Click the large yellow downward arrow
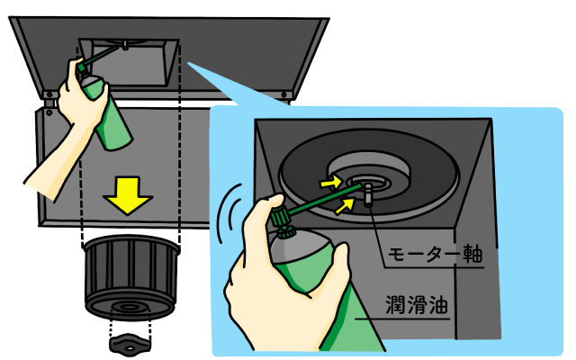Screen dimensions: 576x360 click(128, 194)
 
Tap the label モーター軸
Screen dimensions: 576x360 click(436, 254)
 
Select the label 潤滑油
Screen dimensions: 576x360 click(417, 304)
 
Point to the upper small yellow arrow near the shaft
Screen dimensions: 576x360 click(331, 182)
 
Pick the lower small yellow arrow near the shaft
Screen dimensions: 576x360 click(345, 205)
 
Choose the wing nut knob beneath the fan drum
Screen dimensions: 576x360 click(130, 345)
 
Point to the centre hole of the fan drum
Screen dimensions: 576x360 click(128, 307)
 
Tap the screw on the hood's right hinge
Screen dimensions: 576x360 click(283, 94)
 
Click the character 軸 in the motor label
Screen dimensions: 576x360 click(472, 254)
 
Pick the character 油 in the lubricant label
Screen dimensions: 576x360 click(438, 305)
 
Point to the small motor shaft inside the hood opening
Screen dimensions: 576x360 click(125, 46)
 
